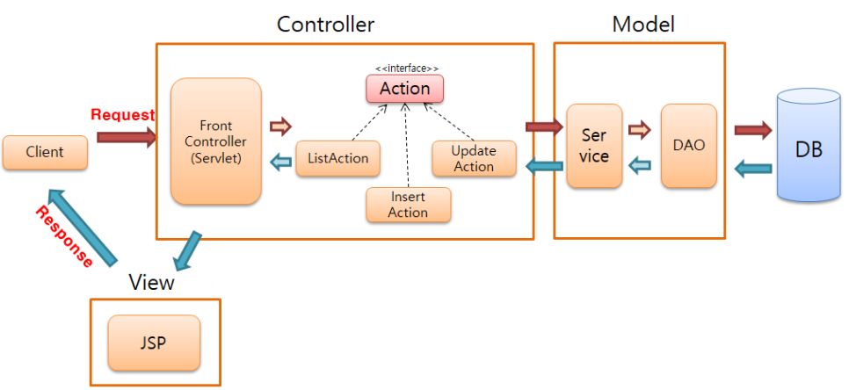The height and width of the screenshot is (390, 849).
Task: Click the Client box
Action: point(45,152)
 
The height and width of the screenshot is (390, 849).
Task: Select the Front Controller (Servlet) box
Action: point(216,141)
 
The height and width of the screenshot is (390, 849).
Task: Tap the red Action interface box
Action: point(404,89)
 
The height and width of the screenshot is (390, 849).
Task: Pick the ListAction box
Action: point(338,159)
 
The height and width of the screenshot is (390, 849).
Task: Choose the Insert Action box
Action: point(408,205)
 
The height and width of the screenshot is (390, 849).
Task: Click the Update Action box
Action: point(474,159)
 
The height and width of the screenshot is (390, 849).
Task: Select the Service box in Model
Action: point(594,146)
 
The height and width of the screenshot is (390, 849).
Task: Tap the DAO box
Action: point(688,146)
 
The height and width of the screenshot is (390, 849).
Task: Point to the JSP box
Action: point(154,340)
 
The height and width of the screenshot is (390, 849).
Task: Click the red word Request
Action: point(122,115)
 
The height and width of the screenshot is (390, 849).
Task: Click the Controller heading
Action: point(325,24)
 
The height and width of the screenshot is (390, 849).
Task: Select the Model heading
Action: point(643,24)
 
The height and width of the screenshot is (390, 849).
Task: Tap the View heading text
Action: point(151,283)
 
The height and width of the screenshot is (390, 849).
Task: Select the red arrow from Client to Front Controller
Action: point(126,136)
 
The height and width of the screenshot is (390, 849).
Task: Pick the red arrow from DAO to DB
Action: point(752,131)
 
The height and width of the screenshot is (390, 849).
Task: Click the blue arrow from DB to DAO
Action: point(752,168)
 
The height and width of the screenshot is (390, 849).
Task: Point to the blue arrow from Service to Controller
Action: point(545,165)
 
